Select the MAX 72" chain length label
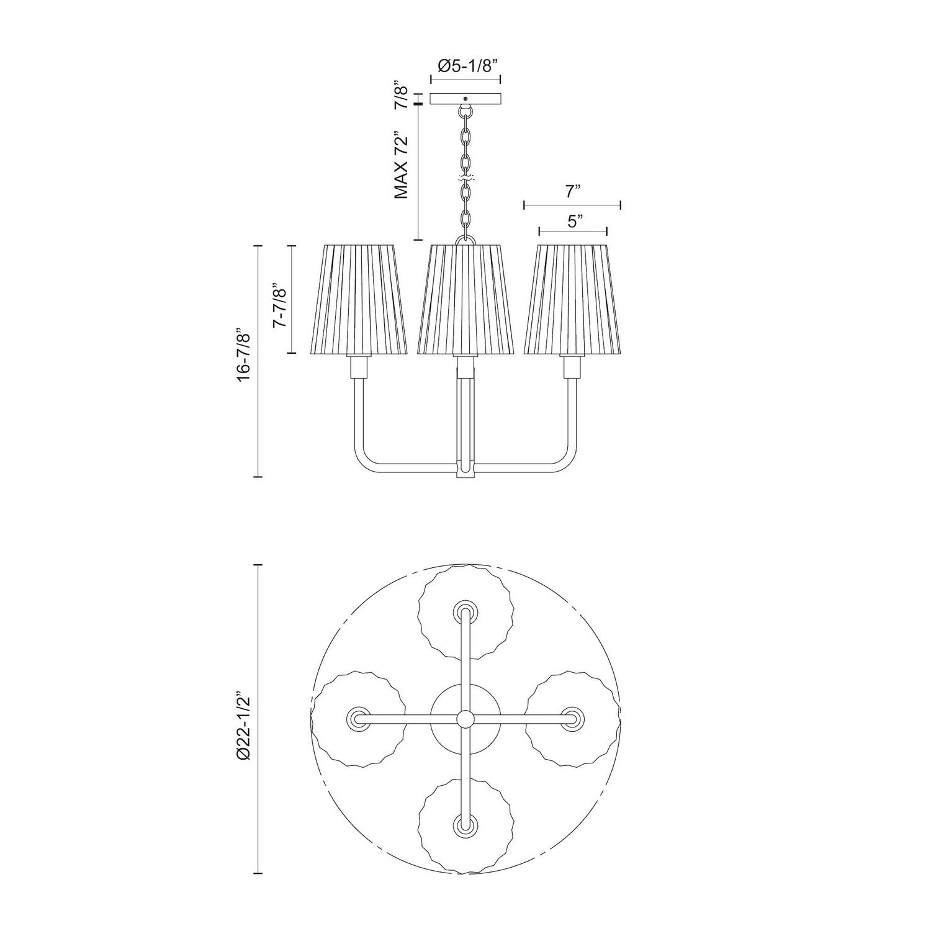coord(402,164)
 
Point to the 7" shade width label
coord(572,192)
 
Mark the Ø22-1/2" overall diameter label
coord(244,725)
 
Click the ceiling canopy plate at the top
coord(465,98)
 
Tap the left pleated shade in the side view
coord(359,300)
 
